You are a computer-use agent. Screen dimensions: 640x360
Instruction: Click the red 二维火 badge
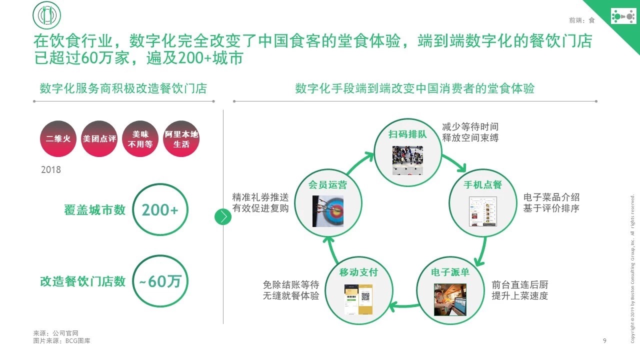[58, 138]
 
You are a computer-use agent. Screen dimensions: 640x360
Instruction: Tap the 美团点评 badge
[99, 138]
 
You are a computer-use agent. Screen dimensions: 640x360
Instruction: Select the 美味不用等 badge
[140, 138]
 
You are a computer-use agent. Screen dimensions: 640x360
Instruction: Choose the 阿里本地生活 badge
[181, 138]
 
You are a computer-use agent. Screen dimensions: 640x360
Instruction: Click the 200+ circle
[160, 210]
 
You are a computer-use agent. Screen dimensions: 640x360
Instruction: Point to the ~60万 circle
[160, 281]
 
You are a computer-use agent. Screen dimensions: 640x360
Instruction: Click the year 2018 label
[51, 170]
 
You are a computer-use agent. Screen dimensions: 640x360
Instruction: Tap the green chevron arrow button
[223, 216]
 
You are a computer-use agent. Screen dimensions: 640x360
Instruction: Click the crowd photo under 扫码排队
[407, 160]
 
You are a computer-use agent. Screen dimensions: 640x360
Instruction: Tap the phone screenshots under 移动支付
[358, 299]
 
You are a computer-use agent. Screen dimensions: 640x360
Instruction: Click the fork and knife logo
[46, 16]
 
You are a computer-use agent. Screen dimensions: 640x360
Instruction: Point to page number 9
[604, 341]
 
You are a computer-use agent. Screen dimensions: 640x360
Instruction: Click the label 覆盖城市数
[95, 210]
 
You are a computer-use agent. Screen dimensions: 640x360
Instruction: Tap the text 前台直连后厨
[520, 285]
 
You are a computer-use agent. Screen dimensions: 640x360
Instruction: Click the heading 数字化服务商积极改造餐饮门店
[123, 89]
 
